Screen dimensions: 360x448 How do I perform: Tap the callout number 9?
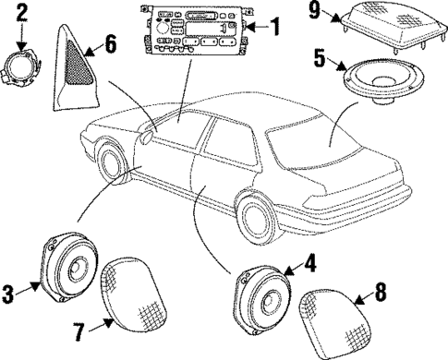pos(316,12)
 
